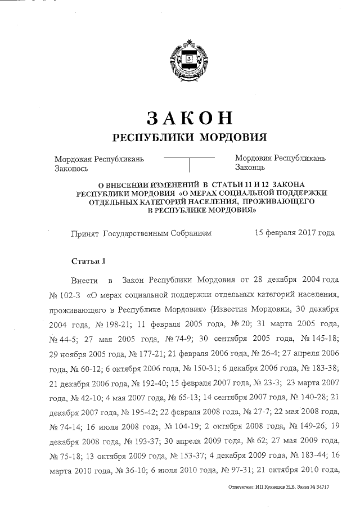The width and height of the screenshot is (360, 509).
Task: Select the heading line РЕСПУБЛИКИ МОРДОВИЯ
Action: pos(190,138)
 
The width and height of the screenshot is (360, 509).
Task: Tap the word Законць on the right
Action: pos(252,168)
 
